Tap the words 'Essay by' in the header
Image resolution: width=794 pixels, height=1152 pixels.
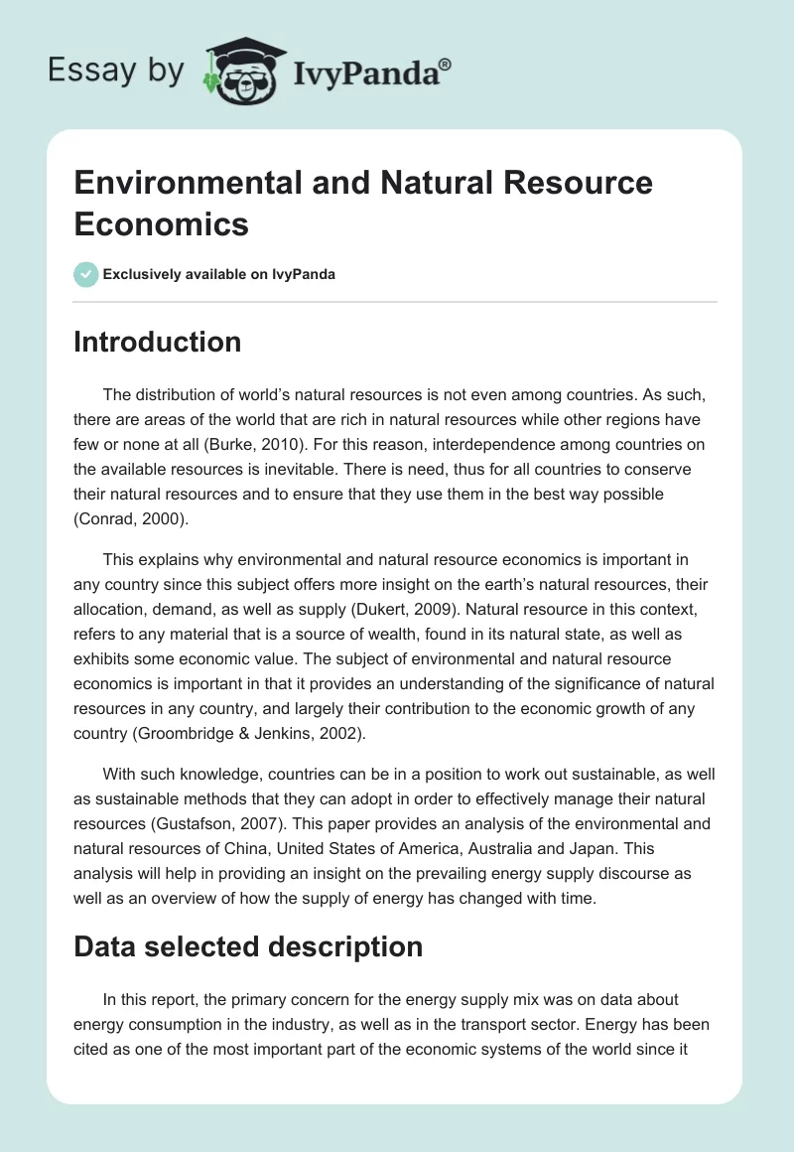pos(116,71)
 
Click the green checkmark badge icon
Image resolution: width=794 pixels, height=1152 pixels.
pos(85,274)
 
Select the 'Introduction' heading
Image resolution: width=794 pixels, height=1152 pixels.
pos(157,342)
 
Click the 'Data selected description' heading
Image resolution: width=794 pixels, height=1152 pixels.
pos(248,946)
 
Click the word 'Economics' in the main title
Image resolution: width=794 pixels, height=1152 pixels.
pos(161,223)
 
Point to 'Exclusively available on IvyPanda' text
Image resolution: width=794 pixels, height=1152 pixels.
pos(218,274)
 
